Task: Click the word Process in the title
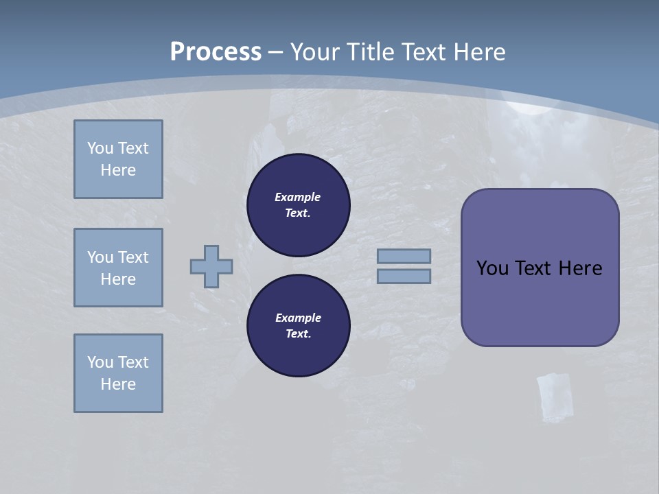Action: coord(216,52)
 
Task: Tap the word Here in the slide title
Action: coord(478,52)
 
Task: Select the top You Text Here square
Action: coord(118,159)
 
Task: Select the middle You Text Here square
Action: coord(118,268)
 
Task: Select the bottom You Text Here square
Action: coord(118,373)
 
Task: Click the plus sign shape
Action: coord(211,266)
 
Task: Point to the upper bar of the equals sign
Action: coord(404,256)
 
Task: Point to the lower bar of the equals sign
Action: coord(404,277)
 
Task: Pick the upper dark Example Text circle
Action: coord(298,205)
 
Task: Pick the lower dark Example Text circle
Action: coord(298,326)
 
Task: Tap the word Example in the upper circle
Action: coord(298,197)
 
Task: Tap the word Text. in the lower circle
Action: coord(298,334)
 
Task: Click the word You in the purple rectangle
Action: coord(492,268)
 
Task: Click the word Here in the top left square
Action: coord(118,170)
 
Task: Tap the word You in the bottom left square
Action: coord(100,362)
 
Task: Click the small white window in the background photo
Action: coord(555,397)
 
